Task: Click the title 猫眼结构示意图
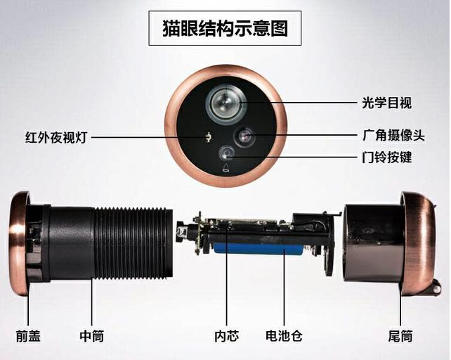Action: tap(225, 28)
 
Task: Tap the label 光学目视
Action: tap(386, 103)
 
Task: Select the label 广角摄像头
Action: tap(393, 135)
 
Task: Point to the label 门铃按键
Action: tap(386, 157)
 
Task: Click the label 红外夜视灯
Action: tap(55, 137)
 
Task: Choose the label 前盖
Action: tap(28, 336)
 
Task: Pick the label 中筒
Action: tap(91, 336)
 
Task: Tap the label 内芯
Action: tap(226, 336)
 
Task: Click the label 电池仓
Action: tap(284, 336)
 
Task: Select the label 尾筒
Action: tap(400, 336)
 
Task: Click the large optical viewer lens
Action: tap(225, 103)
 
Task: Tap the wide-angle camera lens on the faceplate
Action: tap(244, 136)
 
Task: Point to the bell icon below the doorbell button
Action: tap(226, 167)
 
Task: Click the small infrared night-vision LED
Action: tap(209, 136)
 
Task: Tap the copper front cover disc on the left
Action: tap(19, 243)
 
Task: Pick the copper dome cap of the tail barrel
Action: tap(419, 244)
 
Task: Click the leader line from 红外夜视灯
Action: tap(149, 137)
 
